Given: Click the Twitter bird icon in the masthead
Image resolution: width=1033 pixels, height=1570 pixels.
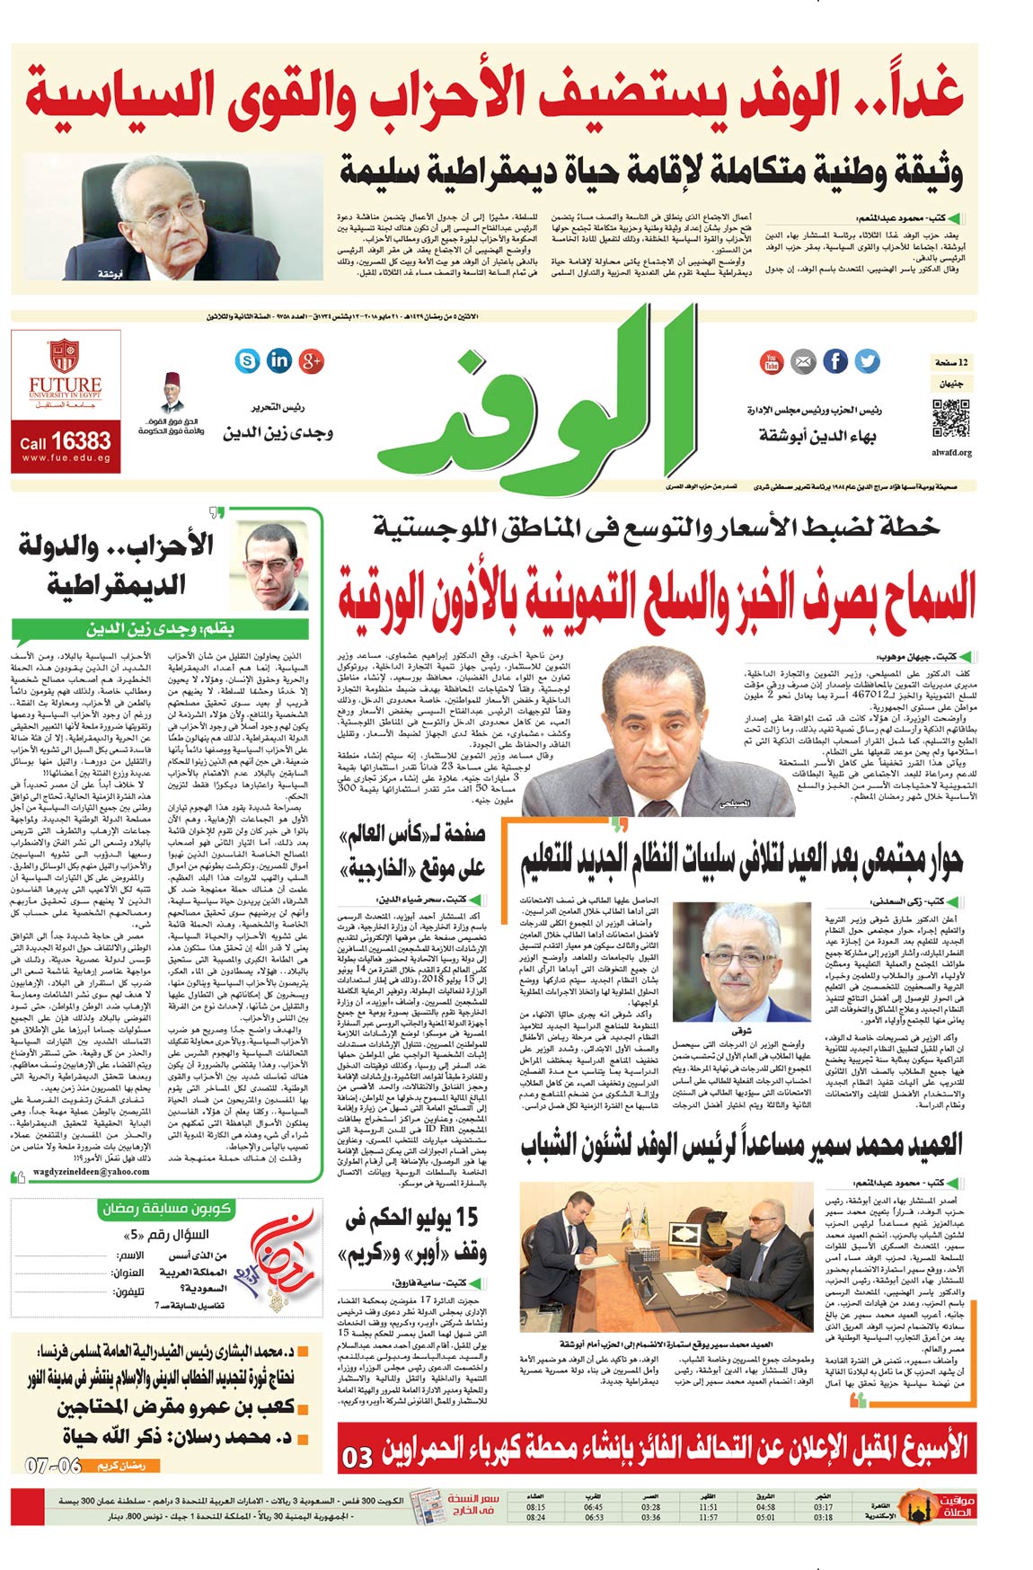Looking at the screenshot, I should click(x=867, y=361).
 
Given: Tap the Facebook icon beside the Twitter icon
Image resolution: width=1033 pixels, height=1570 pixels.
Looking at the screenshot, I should click(x=835, y=361).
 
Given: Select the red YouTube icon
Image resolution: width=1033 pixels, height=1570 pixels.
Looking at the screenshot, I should click(x=772, y=362).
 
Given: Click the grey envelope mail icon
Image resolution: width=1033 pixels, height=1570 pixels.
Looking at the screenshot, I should click(x=803, y=362).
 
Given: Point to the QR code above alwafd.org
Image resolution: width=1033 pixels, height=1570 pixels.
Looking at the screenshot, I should click(x=951, y=419).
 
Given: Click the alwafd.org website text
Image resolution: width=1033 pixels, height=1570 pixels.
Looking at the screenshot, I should click(x=952, y=452).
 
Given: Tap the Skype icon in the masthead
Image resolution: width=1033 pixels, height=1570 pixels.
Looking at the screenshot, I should click(x=247, y=360).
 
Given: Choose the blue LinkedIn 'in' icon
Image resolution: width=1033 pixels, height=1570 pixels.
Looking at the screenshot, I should click(x=279, y=360).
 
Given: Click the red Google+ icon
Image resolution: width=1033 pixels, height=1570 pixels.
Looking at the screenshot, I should click(x=312, y=360).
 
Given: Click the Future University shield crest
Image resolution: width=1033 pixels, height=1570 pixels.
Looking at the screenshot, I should click(x=64, y=355).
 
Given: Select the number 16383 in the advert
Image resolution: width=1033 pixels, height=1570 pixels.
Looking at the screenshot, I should click(x=81, y=441).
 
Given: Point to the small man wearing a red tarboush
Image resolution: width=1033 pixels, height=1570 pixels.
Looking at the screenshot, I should click(x=173, y=393).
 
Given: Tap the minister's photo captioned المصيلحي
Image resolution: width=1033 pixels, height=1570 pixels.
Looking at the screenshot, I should click(x=659, y=732).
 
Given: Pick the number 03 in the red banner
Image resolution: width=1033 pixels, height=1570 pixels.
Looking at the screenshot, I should click(x=358, y=1457).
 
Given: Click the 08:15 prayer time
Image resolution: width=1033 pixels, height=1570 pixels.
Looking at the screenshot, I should click(x=535, y=1507).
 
